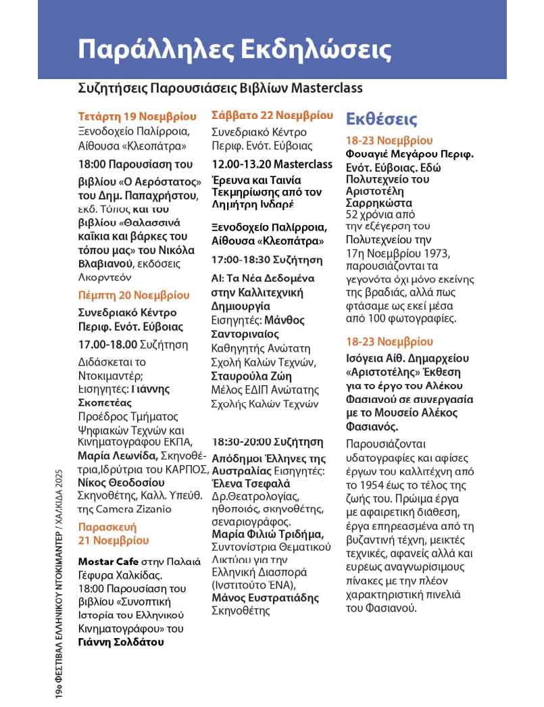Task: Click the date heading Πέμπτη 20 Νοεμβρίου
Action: click(x=134, y=295)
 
